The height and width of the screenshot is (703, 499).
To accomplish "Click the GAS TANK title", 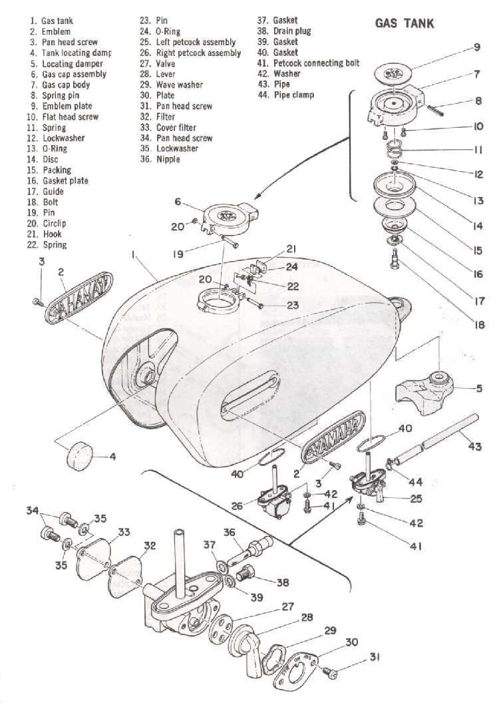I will coord(405,24).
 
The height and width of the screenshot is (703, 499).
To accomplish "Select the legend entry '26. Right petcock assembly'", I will coord(190,53).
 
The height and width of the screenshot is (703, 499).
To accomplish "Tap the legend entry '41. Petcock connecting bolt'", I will coord(308,63).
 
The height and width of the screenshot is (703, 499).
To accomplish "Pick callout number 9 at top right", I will coord(477,47).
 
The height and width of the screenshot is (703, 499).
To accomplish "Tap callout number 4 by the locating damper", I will coord(112,457).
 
